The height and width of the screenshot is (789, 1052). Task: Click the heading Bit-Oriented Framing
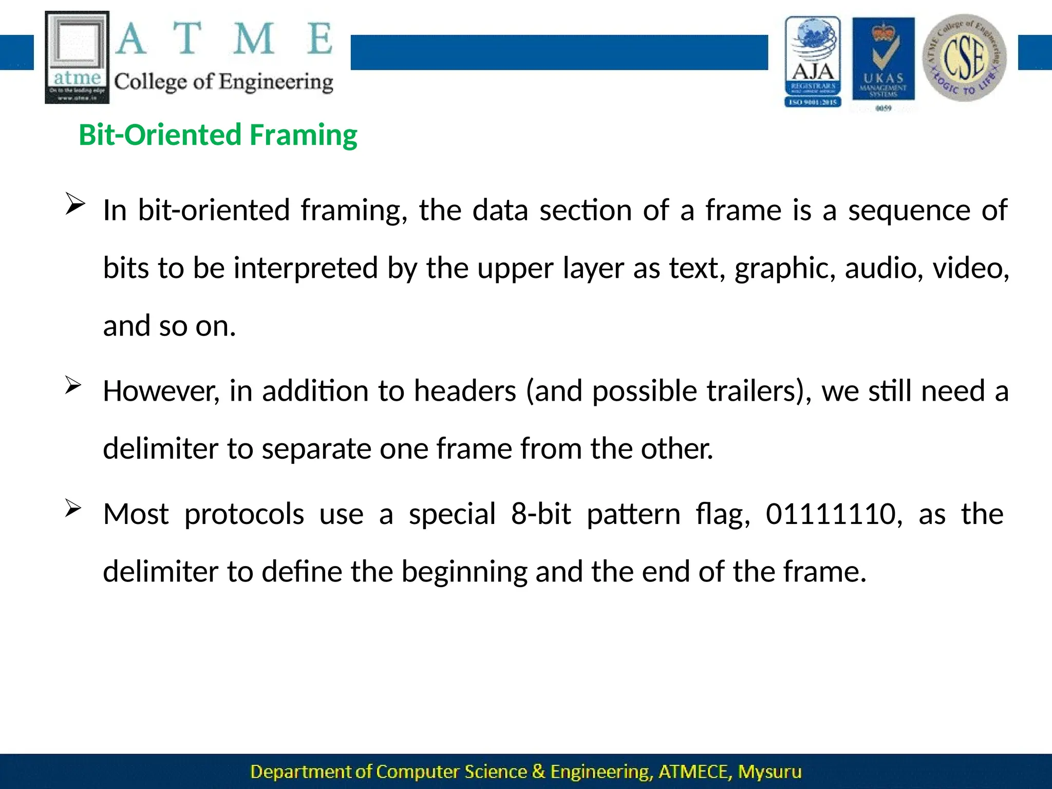click(x=218, y=135)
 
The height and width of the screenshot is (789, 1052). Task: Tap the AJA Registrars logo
click(x=813, y=61)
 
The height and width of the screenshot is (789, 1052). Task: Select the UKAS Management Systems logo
click(x=883, y=61)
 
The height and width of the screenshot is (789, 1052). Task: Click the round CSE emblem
click(x=964, y=58)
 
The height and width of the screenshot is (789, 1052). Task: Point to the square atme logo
click(x=77, y=57)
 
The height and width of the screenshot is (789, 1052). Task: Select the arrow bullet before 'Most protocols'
click(x=73, y=509)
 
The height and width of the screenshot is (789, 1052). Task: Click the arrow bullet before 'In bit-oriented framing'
click(x=74, y=205)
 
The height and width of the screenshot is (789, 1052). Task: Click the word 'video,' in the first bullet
click(x=970, y=268)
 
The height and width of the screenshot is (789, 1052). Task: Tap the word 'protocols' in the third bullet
click(x=244, y=514)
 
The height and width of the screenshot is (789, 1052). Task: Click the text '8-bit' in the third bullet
click(x=541, y=514)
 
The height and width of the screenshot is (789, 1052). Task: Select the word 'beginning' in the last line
click(x=464, y=572)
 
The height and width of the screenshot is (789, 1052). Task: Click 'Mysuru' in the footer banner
click(x=769, y=772)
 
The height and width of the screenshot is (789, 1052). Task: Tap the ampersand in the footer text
click(x=538, y=772)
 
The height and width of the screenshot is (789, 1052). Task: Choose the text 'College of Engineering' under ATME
click(x=223, y=82)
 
